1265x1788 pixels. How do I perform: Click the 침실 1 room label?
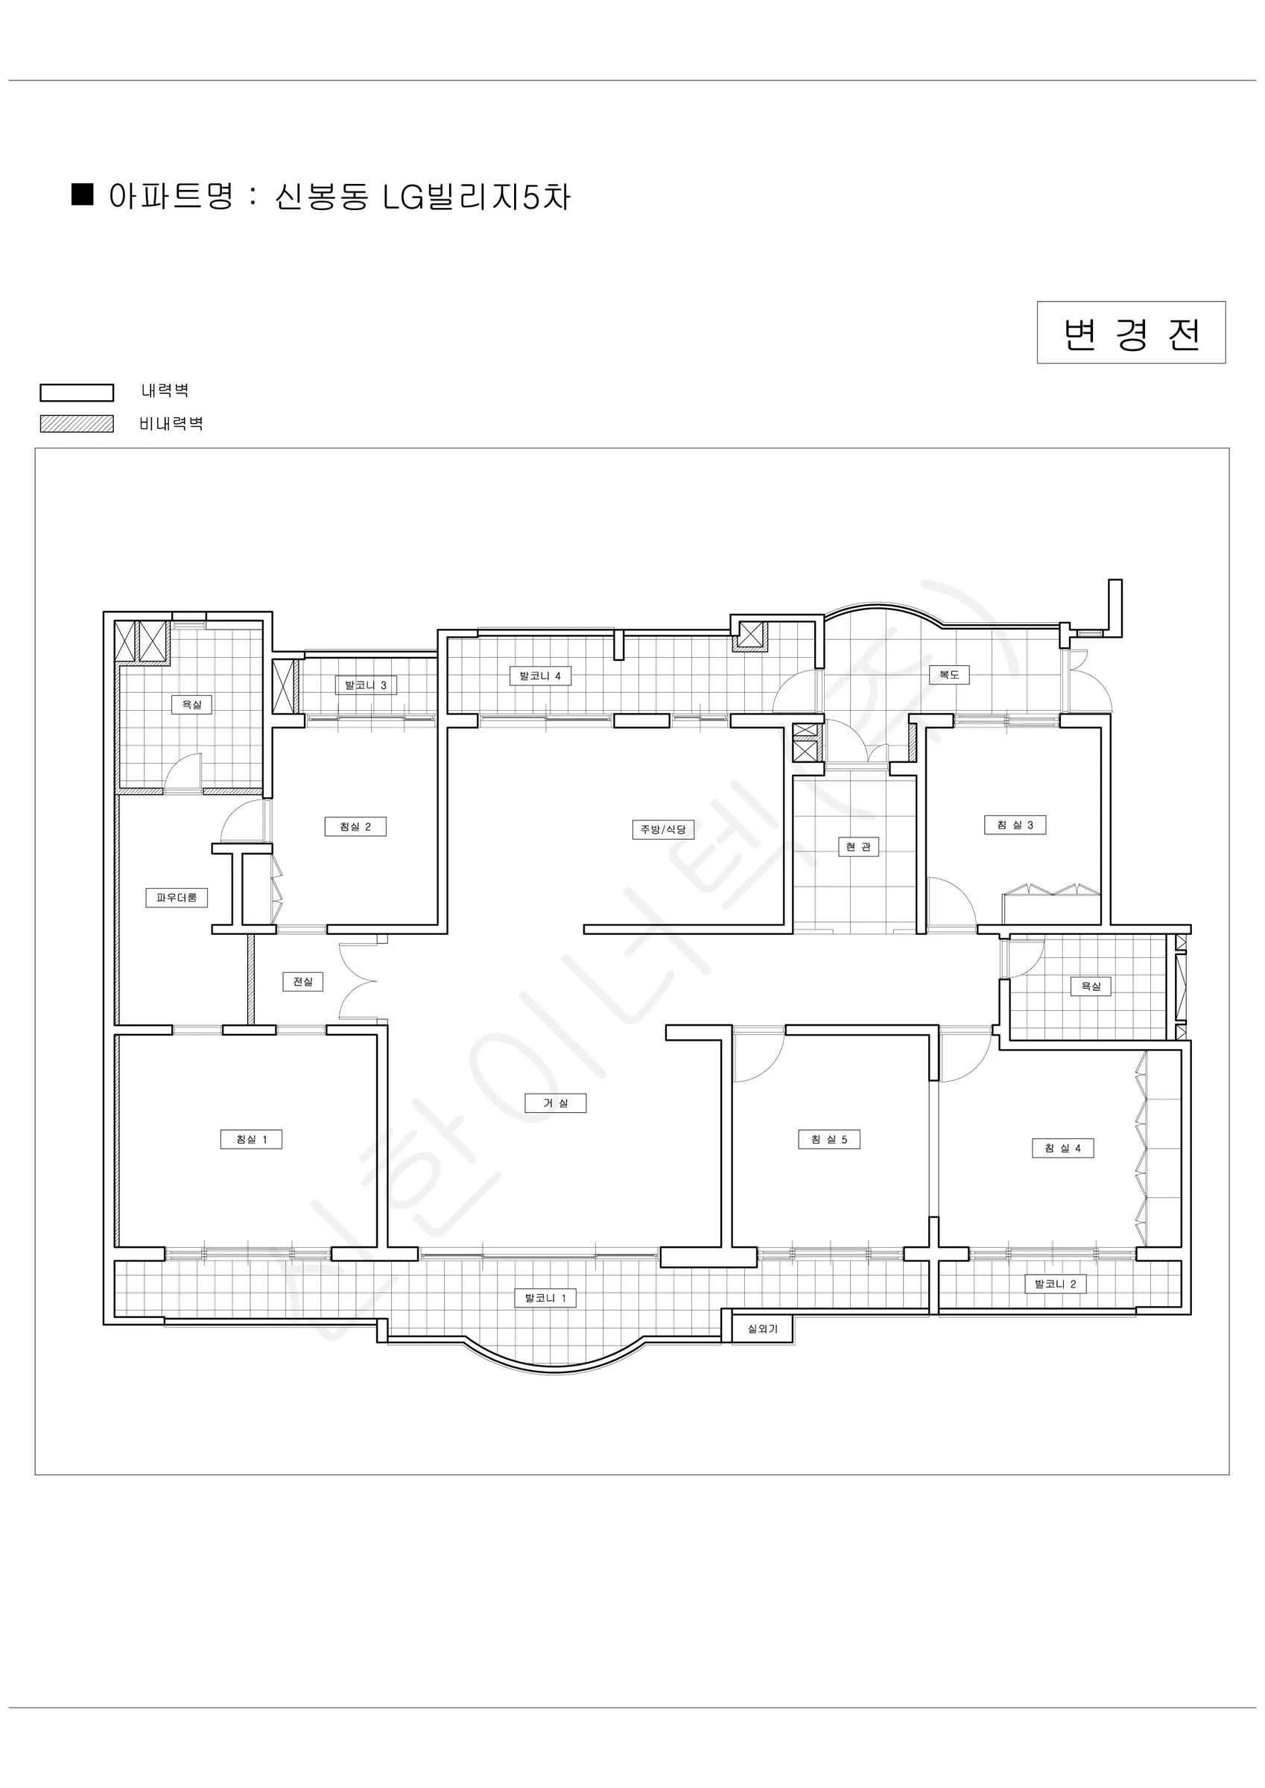coord(252,1139)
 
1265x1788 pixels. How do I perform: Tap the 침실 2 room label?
coord(355,826)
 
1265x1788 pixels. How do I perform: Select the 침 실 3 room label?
coord(1015,825)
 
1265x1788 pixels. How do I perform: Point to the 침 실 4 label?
coord(1062,1148)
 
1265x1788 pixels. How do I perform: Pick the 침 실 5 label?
coord(828,1139)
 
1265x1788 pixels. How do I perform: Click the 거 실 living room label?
coord(555,1103)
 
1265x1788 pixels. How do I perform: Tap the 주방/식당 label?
coord(663,829)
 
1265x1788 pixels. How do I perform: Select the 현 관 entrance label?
coord(858,846)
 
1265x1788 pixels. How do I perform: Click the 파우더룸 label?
coord(177,897)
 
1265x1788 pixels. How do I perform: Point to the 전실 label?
coord(302,981)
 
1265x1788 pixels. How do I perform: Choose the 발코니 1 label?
coord(545,1297)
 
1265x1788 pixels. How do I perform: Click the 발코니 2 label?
coord(1056,1284)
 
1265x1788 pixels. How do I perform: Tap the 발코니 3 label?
coord(366,685)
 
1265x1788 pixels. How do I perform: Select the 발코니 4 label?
coord(541,676)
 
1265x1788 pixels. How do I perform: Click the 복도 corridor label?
coord(949,674)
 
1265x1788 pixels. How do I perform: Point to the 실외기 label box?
coord(763,1328)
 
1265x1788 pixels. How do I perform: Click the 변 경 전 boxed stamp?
coord(1131,332)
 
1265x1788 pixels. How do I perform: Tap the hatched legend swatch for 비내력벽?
coord(77,424)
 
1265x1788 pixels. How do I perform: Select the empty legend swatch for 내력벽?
coord(77,393)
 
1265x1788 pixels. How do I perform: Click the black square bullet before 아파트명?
coord(83,194)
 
